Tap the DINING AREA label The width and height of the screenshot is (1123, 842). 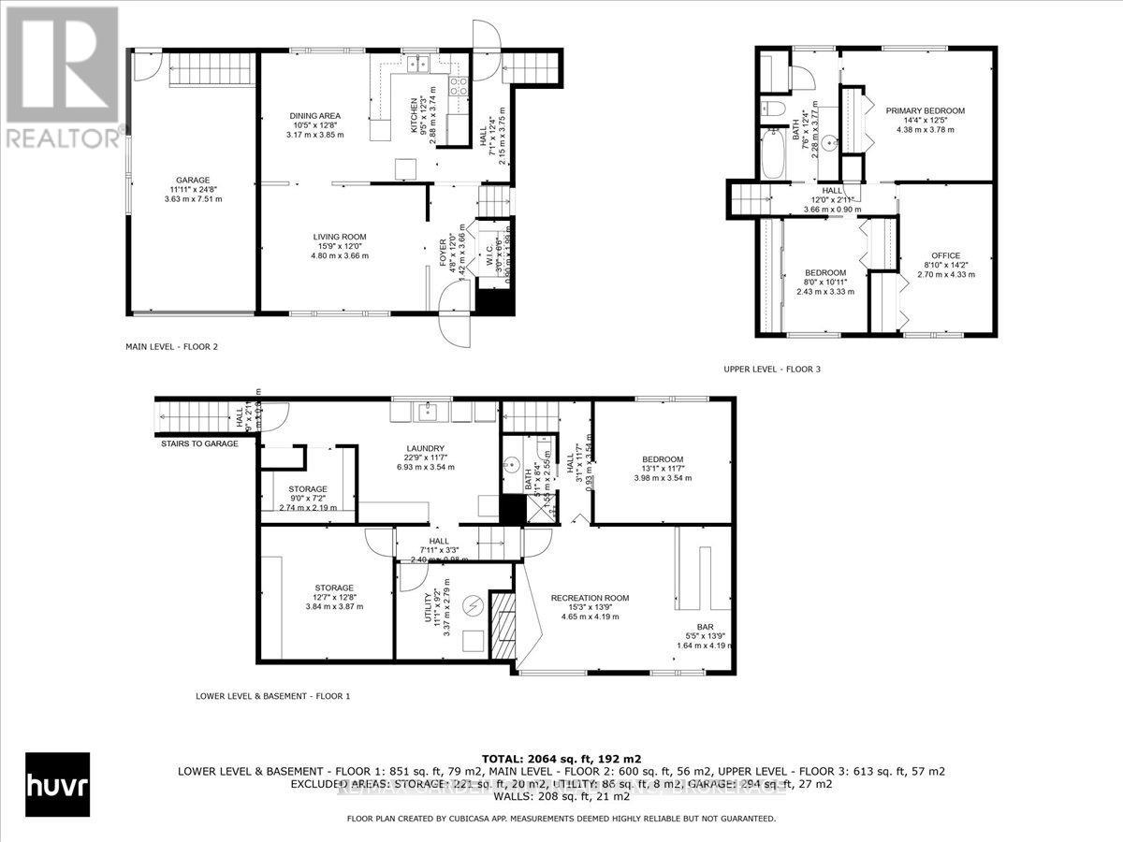315,115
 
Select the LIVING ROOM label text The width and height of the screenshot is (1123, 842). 340,237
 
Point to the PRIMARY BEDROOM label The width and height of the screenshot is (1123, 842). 925,110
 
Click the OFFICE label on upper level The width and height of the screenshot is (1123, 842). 945,255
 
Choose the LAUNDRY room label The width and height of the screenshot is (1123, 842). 412,448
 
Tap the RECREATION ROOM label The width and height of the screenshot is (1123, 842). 590,598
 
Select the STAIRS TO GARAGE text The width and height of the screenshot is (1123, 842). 199,443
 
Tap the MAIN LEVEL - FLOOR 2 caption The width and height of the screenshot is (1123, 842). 171,347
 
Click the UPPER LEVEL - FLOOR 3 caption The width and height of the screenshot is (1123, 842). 771,370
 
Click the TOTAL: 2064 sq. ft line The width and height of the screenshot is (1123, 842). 561,758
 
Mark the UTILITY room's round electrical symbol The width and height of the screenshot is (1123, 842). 473,604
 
